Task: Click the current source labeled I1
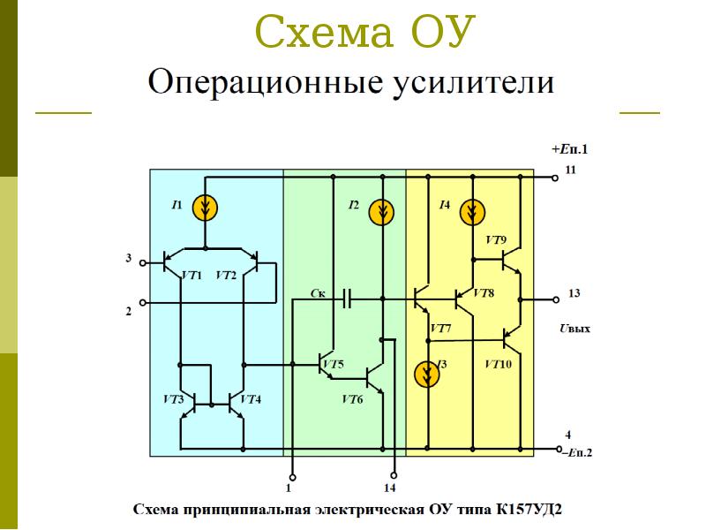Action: pos(205,208)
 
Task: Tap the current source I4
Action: pos(473,211)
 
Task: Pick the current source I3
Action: pos(427,374)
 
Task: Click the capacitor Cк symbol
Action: pos(346,299)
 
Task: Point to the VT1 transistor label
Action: pos(192,276)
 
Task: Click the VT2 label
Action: pos(226,276)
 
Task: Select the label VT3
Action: pos(173,400)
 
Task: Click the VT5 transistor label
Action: pos(333,365)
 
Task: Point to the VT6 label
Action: pos(352,399)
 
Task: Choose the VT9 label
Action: pos(496,240)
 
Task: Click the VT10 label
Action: pos(498,364)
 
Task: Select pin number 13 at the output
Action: pos(574,293)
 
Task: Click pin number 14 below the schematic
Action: pos(390,488)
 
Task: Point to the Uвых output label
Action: pos(575,329)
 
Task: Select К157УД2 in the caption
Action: pos(529,510)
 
